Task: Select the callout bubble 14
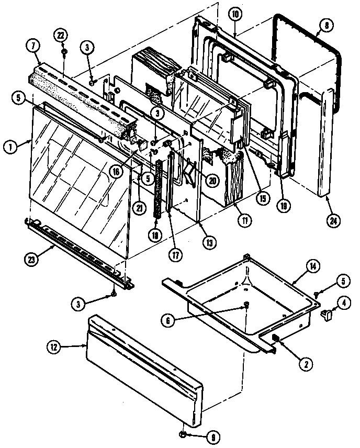point(312,267)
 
